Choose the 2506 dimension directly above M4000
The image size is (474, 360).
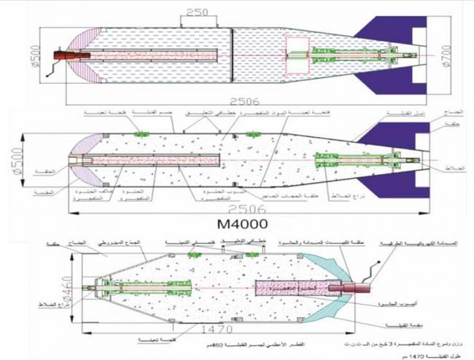coord(242,205)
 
